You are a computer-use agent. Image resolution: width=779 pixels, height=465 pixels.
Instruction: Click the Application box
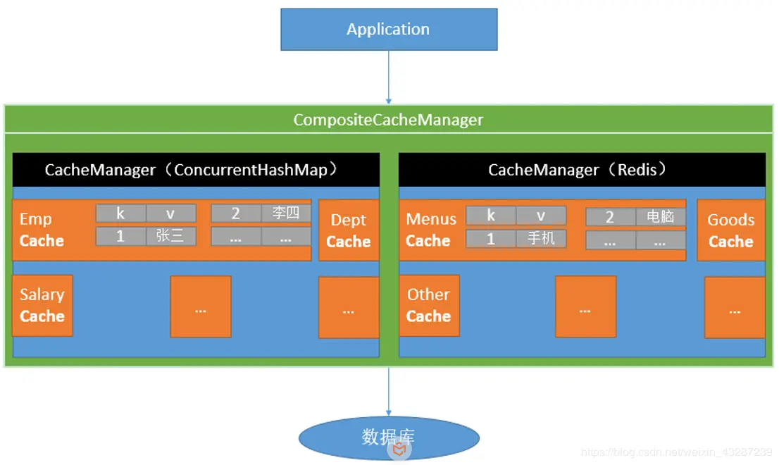point(389,30)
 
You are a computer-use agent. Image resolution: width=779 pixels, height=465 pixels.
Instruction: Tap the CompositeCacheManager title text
point(388,120)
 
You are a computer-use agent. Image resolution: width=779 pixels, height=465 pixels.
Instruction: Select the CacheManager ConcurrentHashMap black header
point(196,170)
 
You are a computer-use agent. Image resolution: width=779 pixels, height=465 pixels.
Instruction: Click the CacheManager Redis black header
point(582,170)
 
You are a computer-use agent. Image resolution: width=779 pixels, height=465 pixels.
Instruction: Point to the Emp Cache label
point(42,230)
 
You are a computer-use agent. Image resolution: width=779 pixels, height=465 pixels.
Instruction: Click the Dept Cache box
point(349,230)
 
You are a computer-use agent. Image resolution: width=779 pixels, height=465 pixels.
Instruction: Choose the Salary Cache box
point(42,306)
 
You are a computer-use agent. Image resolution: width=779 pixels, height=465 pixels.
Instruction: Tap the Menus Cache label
point(430,230)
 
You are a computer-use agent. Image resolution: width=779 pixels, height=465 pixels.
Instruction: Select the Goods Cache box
point(731,230)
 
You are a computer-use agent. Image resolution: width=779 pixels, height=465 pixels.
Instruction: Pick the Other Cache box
point(429,306)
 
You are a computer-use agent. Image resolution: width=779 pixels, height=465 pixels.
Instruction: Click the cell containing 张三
point(170,236)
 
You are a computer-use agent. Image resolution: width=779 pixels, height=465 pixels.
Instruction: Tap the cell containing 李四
point(286,213)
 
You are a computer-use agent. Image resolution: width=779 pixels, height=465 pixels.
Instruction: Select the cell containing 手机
point(541,239)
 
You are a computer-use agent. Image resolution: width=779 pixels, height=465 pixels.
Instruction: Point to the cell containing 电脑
point(661,217)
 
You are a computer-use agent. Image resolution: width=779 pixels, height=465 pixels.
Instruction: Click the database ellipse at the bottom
point(389,438)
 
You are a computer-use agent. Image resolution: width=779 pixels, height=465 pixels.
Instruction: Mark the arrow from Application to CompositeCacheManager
point(388,77)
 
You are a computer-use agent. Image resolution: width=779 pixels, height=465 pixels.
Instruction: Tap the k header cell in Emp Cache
point(120,213)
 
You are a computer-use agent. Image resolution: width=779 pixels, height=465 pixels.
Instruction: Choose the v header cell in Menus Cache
point(541,216)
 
